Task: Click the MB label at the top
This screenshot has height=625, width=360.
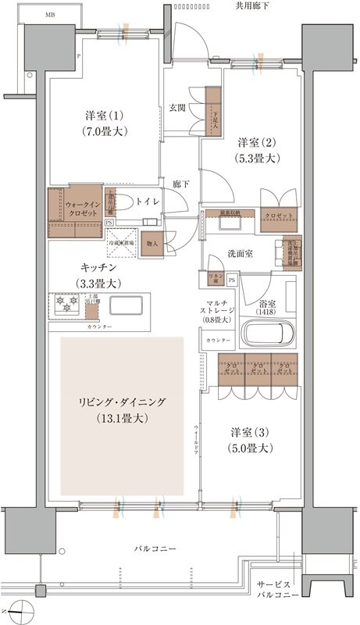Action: pyautogui.click(x=50, y=15)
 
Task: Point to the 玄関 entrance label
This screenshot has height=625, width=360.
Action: pyautogui.click(x=177, y=108)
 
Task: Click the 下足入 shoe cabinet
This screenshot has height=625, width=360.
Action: pyautogui.click(x=212, y=111)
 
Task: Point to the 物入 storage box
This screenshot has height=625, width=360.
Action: pyautogui.click(x=151, y=244)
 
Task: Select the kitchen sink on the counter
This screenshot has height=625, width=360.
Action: pyautogui.click(x=126, y=303)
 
